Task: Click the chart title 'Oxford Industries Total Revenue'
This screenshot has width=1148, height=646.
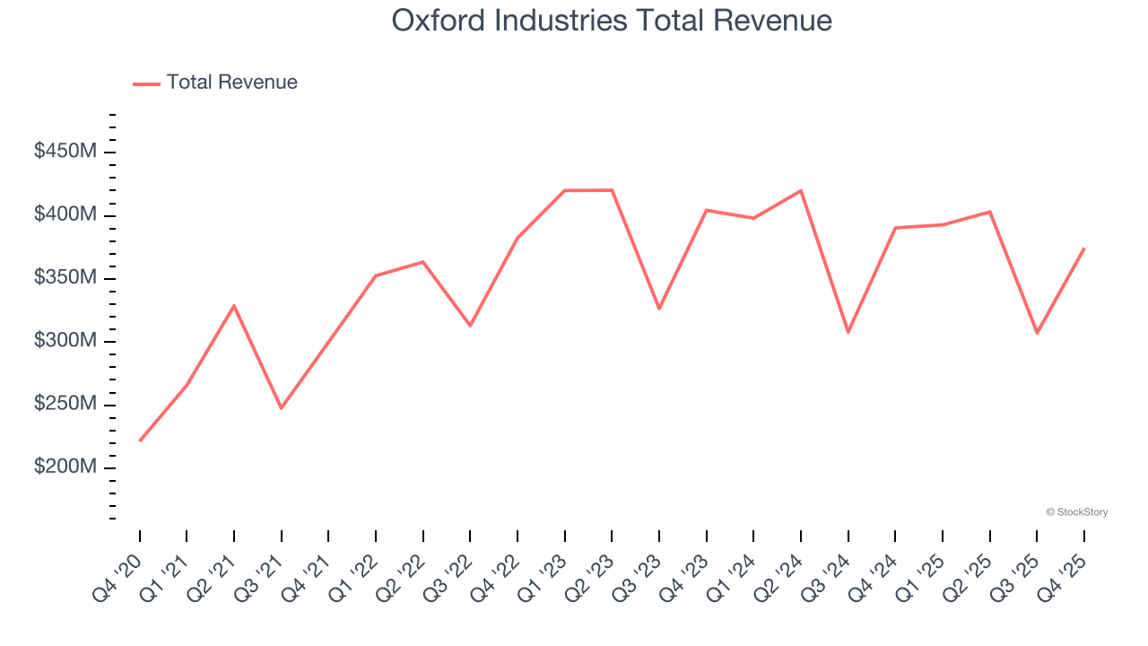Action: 612,21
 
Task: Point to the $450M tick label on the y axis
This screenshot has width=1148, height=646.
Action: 65,153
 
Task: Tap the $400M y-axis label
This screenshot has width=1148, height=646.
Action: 65,215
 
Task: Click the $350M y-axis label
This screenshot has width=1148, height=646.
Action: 65,278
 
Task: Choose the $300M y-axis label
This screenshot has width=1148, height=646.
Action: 65,342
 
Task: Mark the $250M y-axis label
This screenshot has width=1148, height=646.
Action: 65,405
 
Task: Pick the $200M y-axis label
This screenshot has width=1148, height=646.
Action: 65,467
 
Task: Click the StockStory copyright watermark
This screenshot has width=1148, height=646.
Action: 1076,512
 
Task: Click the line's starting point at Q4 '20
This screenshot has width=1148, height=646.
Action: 140,441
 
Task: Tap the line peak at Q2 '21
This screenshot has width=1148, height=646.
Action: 234,306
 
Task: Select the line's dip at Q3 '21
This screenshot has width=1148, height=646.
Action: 282,408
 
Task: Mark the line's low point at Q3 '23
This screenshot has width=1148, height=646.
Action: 659,309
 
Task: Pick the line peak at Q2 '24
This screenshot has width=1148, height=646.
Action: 800,190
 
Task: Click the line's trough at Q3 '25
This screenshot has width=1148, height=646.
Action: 1037,333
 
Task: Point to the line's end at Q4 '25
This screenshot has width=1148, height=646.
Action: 1084,249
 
